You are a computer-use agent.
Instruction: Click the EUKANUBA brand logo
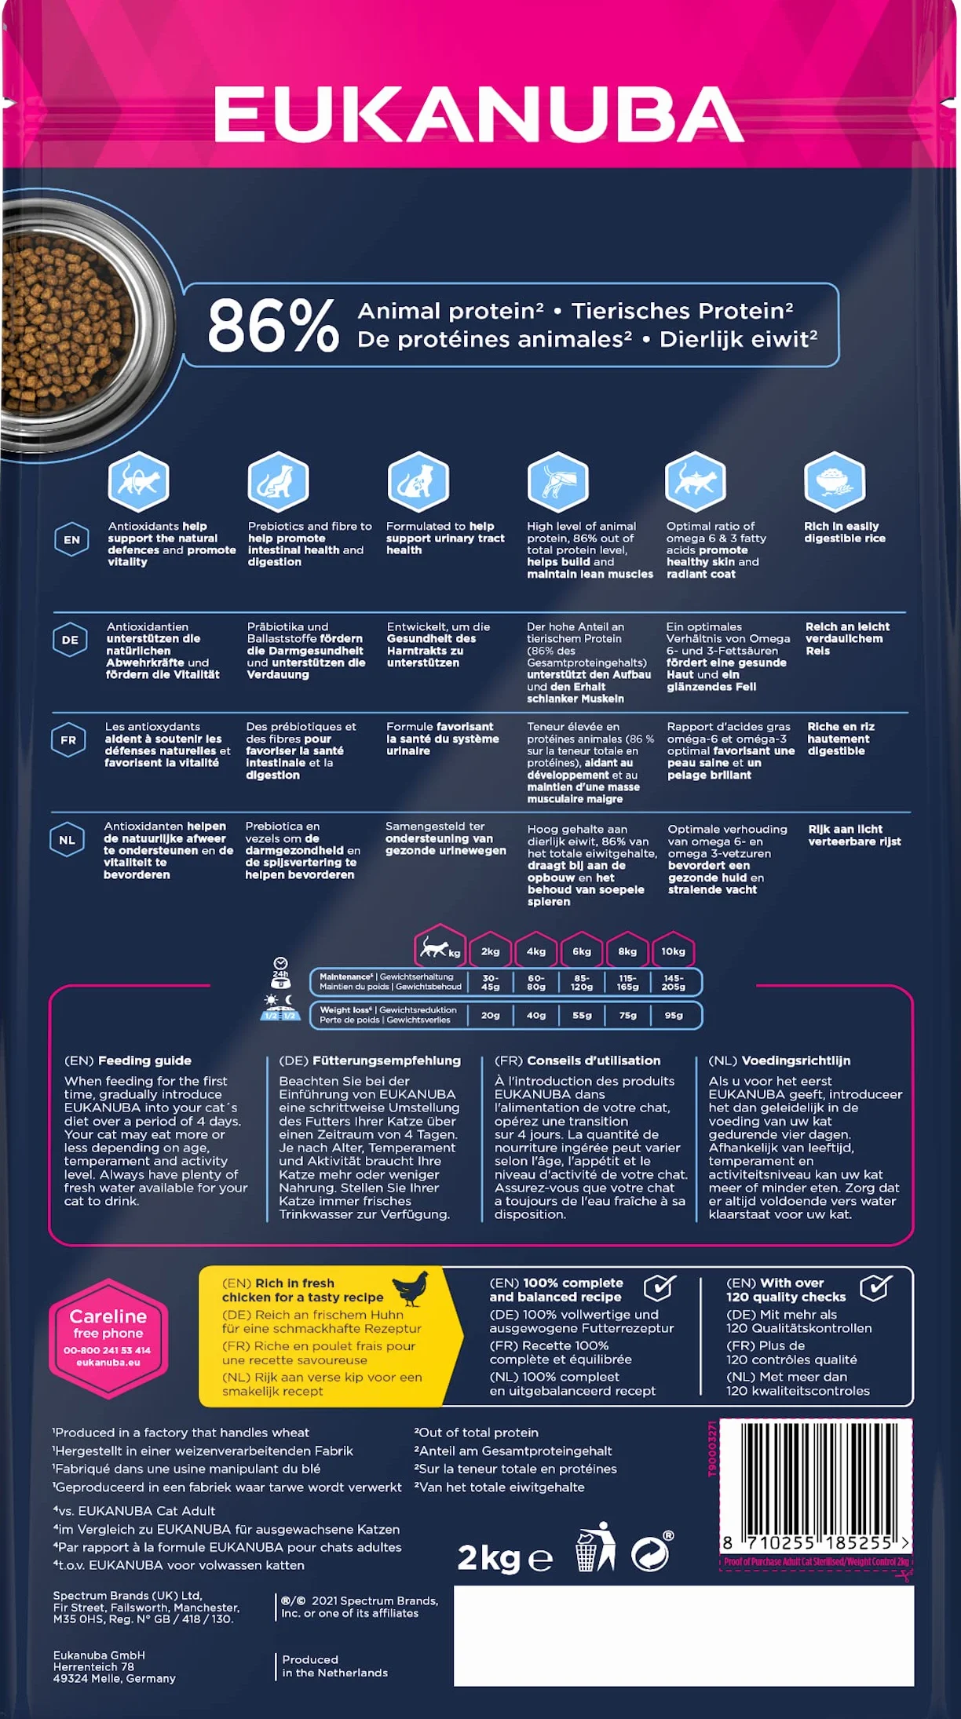(x=479, y=114)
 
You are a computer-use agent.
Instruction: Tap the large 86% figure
(x=273, y=325)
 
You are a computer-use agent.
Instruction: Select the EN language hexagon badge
(x=71, y=540)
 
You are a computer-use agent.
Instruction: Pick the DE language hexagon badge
(x=70, y=640)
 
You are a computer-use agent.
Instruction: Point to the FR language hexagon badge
(x=68, y=740)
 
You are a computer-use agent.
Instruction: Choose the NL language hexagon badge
(x=68, y=840)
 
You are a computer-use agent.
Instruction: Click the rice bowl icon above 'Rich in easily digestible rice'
(x=835, y=481)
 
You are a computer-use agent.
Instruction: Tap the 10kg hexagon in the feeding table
(x=673, y=951)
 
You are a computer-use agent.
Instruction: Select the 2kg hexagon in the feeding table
(x=490, y=951)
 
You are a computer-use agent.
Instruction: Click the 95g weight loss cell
(x=674, y=1015)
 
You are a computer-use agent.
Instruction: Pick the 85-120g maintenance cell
(x=582, y=982)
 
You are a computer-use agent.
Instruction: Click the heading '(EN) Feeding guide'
(x=128, y=1060)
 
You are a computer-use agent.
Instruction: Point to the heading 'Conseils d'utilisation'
(x=594, y=1060)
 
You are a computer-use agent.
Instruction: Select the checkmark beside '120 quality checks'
(x=876, y=1287)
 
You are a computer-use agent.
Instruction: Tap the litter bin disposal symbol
(x=596, y=1547)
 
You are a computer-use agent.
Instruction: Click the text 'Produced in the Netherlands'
(x=335, y=1666)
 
